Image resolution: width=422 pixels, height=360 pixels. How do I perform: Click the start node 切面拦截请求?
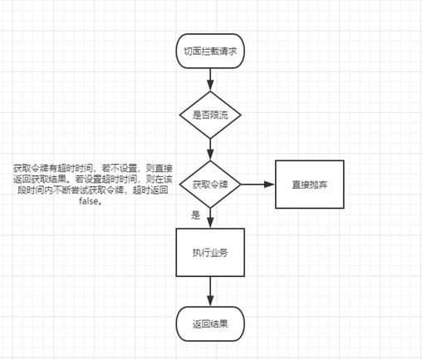point(210,52)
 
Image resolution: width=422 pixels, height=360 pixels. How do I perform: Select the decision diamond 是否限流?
point(210,115)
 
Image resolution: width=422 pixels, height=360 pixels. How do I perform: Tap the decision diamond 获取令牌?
point(210,185)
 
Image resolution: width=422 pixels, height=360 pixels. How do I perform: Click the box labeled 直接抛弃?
point(310,185)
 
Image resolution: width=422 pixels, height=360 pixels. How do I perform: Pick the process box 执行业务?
point(210,253)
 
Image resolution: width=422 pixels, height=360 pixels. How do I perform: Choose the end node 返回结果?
point(210,324)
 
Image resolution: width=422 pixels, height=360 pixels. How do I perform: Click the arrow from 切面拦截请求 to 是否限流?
point(210,80)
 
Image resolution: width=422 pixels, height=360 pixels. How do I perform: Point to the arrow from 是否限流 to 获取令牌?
point(210,150)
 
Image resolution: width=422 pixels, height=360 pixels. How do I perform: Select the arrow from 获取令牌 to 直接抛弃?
point(258,185)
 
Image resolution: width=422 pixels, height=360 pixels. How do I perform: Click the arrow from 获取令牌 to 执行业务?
point(210,218)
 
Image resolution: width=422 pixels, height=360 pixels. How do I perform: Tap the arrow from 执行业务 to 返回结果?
point(210,292)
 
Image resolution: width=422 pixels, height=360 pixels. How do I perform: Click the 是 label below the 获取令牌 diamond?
point(195,215)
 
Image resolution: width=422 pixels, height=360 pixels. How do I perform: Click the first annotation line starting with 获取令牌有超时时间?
point(93,168)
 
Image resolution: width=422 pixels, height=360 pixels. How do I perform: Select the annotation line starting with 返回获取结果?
point(93,180)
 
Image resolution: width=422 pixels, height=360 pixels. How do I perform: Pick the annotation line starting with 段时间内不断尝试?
point(93,190)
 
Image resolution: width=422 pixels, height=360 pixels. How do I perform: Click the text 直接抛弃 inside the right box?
point(310,185)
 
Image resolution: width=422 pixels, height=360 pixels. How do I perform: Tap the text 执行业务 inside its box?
point(210,253)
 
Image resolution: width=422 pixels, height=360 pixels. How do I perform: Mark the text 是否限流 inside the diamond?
point(210,115)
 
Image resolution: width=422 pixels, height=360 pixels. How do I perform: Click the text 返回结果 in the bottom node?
point(210,324)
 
